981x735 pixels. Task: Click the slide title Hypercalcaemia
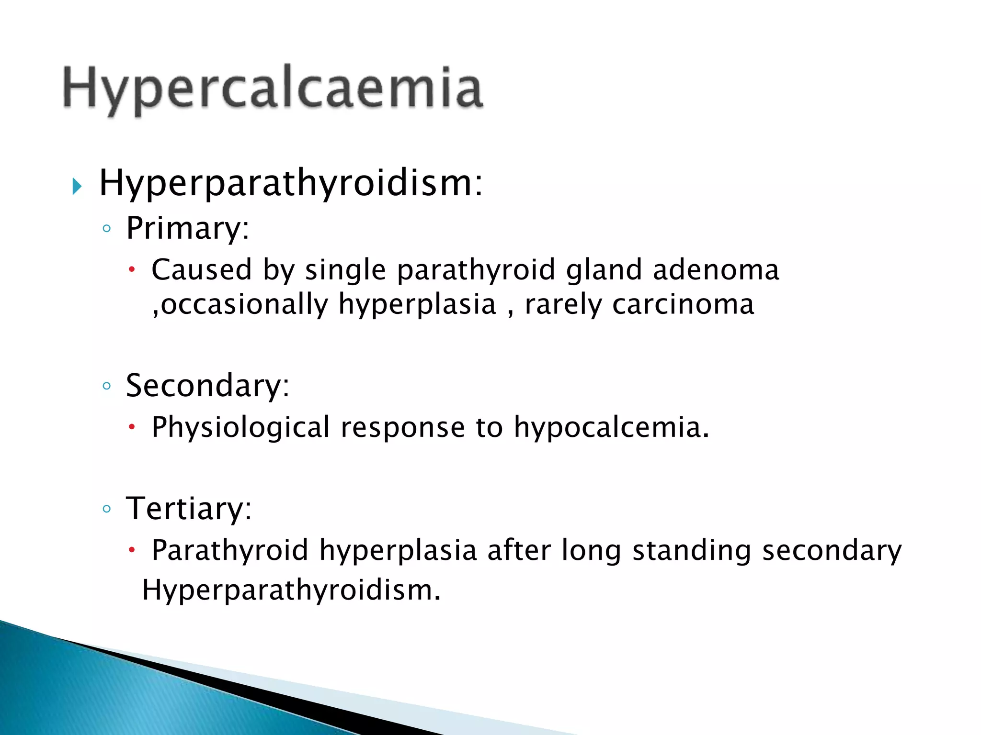(273, 89)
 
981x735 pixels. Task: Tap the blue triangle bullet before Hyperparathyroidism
(77, 186)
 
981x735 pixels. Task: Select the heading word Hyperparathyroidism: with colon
(291, 184)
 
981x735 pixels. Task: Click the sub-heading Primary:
(187, 228)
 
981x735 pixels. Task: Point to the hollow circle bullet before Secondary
(107, 386)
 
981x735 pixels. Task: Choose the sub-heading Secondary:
(207, 386)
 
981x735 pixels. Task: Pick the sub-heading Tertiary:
(188, 508)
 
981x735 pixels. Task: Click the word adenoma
(716, 270)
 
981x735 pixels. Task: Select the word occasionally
(244, 304)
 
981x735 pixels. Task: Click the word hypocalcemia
(611, 427)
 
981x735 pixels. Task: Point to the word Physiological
(240, 427)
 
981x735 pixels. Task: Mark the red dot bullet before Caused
(132, 270)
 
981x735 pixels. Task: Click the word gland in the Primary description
(604, 270)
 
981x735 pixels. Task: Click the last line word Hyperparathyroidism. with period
(291, 590)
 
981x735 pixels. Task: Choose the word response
(402, 427)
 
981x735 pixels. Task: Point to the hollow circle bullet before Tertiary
(107, 509)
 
